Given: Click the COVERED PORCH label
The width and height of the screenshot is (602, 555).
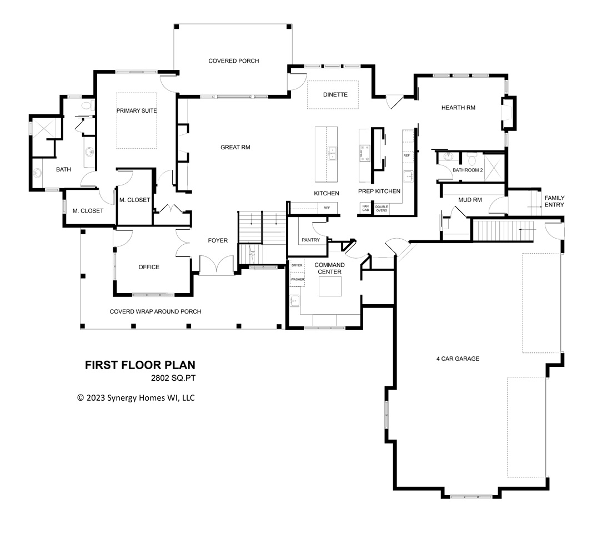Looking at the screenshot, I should click(233, 61).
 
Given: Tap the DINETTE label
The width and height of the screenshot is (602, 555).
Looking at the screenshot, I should click(335, 94).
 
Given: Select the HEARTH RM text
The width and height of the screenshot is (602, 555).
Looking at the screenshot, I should click(458, 108).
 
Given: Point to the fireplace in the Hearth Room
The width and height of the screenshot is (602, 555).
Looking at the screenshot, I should click(508, 113).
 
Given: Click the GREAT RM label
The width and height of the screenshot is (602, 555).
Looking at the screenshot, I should click(235, 148).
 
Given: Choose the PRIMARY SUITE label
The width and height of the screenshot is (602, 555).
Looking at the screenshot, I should click(137, 111).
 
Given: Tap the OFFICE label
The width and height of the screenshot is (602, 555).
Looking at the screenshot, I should click(149, 267).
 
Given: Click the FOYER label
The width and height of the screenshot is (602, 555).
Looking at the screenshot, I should click(218, 240).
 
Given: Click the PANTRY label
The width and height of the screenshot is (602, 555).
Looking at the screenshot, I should click(310, 240).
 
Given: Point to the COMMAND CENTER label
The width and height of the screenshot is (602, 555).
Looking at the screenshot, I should click(329, 268).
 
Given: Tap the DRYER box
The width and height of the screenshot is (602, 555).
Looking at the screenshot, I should click(297, 265).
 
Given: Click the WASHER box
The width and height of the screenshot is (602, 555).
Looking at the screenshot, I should click(297, 279).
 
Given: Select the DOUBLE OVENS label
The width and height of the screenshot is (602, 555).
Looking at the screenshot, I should click(382, 208).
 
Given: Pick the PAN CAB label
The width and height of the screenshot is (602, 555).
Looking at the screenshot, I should click(365, 208).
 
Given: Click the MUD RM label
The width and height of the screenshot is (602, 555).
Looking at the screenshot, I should click(469, 200).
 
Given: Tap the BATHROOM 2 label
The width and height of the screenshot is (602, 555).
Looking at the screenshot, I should click(467, 170).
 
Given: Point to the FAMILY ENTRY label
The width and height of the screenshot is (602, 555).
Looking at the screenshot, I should click(554, 201).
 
